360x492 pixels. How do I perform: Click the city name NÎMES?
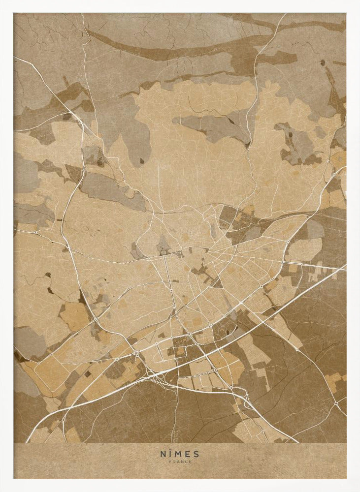click(180, 454)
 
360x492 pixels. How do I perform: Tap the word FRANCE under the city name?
click(180, 461)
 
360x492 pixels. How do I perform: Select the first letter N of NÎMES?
click(163, 454)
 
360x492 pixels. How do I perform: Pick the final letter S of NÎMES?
click(197, 454)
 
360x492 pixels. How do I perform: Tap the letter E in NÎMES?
click(189, 454)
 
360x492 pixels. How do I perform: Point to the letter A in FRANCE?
click(178, 461)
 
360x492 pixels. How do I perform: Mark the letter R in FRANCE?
click(174, 461)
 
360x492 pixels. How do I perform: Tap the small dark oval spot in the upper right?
click(322, 62)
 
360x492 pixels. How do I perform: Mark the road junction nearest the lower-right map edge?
click(336, 403)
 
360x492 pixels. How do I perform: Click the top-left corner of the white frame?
click(1, 1)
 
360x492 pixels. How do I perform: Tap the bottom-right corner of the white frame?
click(358, 490)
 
